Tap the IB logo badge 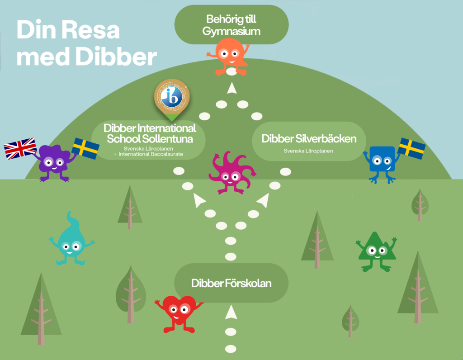pos(172,96)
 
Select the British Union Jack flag pos(20,149)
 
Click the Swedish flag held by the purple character pos(86,148)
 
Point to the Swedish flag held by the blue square pos(411,148)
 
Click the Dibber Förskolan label pos(231,284)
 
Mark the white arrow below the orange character pos(232,88)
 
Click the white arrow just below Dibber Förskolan pos(231,312)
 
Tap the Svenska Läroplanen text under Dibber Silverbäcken pos(308,151)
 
